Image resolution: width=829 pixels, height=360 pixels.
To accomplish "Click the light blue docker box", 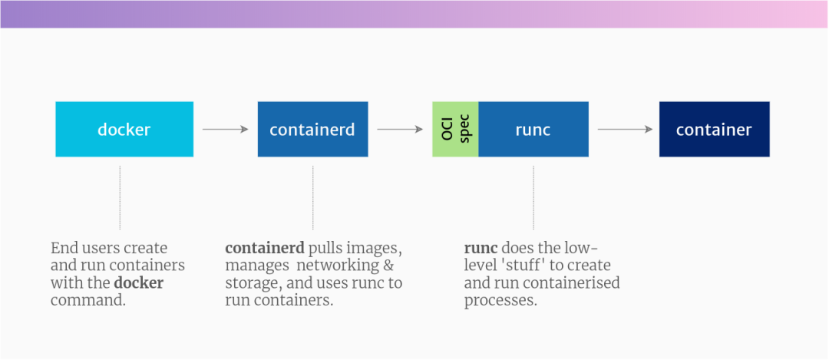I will pyautogui.click(x=124, y=129).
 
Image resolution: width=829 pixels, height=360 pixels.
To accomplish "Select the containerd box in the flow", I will pyautogui.click(x=312, y=129).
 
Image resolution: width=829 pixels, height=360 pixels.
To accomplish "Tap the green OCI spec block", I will pyautogui.click(x=455, y=129).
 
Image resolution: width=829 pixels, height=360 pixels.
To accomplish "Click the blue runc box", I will pyautogui.click(x=533, y=129).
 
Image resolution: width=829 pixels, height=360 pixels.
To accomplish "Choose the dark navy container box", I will pyautogui.click(x=714, y=129).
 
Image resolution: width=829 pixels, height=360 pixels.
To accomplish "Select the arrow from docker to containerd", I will pyautogui.click(x=225, y=129).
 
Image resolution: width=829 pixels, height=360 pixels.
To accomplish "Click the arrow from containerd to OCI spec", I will pyautogui.click(x=400, y=129).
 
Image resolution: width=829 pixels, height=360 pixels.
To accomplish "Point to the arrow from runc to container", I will pyautogui.click(x=624, y=129).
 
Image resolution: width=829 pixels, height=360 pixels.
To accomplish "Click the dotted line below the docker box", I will pyautogui.click(x=120, y=197).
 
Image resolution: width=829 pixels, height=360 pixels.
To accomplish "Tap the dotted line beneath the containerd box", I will pyautogui.click(x=312, y=197).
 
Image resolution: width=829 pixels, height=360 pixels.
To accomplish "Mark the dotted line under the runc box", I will pyautogui.click(x=533, y=197).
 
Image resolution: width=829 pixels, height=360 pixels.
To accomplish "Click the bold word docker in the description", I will pyautogui.click(x=139, y=283).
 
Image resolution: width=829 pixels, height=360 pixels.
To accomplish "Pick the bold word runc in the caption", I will pyautogui.click(x=481, y=249).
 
